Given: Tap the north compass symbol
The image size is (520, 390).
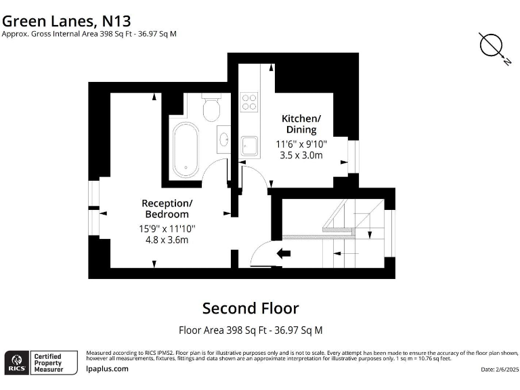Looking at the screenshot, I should click(x=492, y=46).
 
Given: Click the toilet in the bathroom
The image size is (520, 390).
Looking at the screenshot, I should click(x=211, y=108).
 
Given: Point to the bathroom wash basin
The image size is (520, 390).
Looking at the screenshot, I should click(x=224, y=140).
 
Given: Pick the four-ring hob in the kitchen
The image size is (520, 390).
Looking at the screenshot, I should click(x=249, y=102).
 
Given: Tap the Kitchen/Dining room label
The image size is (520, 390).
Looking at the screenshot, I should click(x=299, y=124).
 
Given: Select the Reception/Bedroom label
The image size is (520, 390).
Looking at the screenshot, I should click(x=167, y=209).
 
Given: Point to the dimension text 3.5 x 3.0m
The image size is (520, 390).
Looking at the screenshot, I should click(x=301, y=155).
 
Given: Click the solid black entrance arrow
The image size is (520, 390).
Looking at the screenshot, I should click(x=284, y=254).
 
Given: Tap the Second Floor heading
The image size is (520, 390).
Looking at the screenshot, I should click(x=251, y=308).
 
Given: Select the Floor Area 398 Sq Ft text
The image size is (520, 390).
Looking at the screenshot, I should click(x=251, y=330).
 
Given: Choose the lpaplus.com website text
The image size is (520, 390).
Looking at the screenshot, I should click(x=108, y=369).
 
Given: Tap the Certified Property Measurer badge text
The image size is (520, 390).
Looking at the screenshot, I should click(x=48, y=362).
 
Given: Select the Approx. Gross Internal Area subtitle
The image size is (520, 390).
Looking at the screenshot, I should click(x=89, y=34).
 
